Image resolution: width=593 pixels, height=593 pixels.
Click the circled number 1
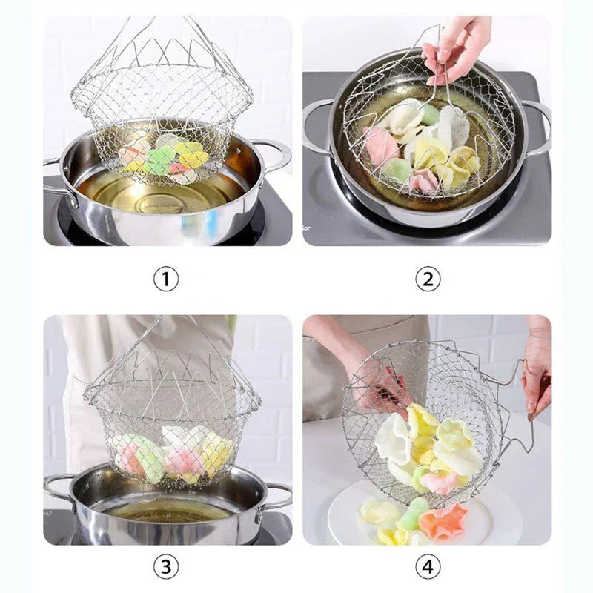coord(166,279)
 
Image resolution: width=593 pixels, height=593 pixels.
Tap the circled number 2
coord(427,279)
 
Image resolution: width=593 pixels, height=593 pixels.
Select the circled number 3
coord(166,566)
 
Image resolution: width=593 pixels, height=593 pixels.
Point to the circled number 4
coord(427,566)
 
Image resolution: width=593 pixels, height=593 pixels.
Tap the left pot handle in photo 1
coord(58,178)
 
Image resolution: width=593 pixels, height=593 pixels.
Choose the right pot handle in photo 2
coord(537,122)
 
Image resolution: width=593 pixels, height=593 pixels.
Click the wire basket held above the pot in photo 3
coord(172,415)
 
